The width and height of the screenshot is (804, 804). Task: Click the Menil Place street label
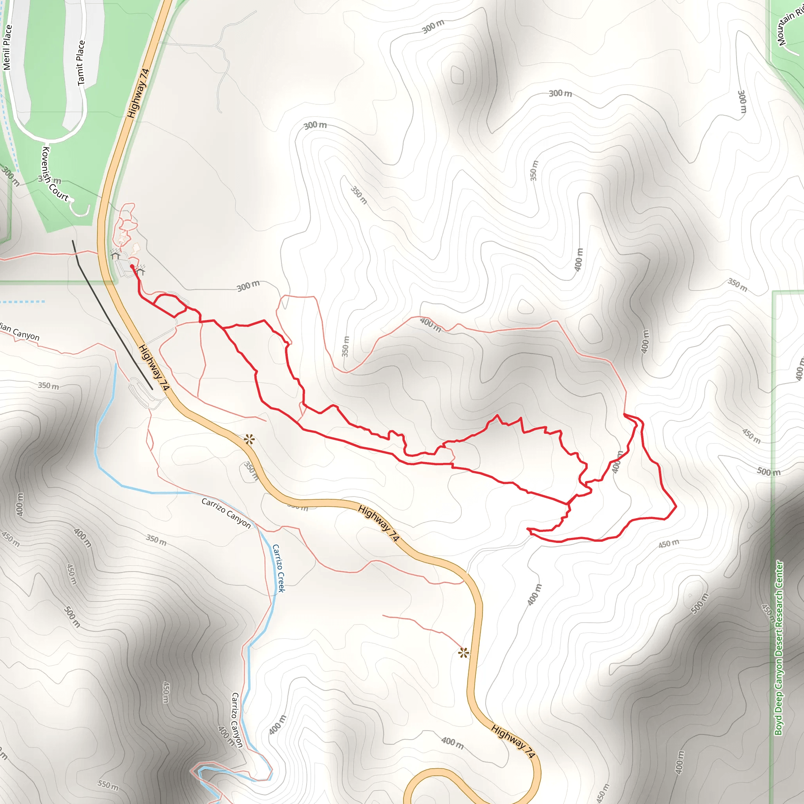point(7,48)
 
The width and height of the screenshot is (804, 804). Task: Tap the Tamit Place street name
point(81,63)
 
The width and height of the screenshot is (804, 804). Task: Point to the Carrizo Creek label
point(278,568)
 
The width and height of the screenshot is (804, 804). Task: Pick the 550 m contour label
point(108,785)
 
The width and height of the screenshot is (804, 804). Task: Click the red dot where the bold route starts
point(132,266)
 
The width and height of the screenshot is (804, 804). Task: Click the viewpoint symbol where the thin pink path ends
point(464,652)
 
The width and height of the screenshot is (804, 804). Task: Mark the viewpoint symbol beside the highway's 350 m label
point(249,439)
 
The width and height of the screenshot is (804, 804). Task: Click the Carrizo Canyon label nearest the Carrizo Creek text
point(226,513)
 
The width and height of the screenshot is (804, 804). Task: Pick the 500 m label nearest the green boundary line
point(768,472)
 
